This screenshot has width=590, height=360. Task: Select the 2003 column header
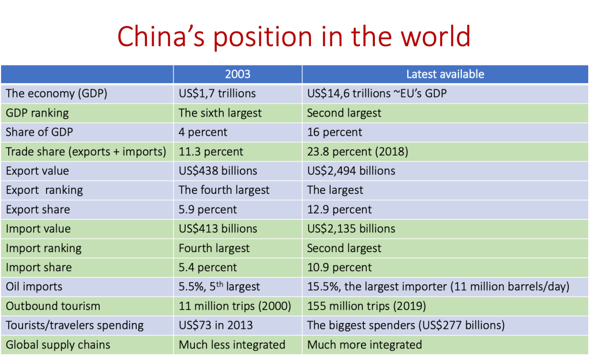238,74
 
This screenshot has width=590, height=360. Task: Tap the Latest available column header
445,74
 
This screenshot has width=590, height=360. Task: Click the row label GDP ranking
37,112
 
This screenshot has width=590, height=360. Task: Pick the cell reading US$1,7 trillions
217,93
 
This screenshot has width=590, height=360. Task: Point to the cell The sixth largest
220,112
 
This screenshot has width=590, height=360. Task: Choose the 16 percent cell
335,132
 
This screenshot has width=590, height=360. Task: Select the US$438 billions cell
218,171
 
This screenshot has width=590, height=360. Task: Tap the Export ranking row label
44,190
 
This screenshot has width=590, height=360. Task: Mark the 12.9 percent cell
339,209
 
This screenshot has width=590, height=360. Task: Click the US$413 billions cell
218,228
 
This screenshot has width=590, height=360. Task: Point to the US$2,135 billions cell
351,228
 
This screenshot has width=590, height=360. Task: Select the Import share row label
39,267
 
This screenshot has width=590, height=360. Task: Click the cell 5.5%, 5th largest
219,286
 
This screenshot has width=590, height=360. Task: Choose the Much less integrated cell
232,344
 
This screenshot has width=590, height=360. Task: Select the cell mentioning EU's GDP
377,93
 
